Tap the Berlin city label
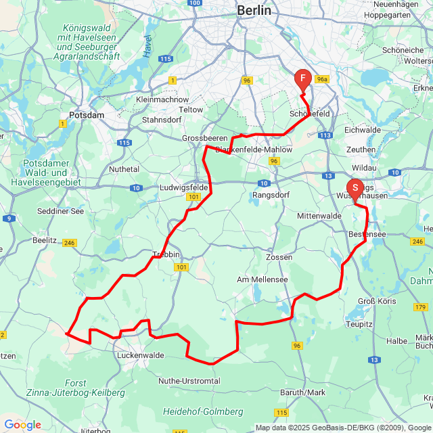[x=254, y=11]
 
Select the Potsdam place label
[x=87, y=115]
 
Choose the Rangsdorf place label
[x=271, y=195]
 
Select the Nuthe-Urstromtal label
[x=189, y=381]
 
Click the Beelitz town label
[x=45, y=240]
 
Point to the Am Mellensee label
[x=262, y=279]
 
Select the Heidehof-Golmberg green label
[x=203, y=411]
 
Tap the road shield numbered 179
[x=419, y=288]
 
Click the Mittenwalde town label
[x=319, y=216]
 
